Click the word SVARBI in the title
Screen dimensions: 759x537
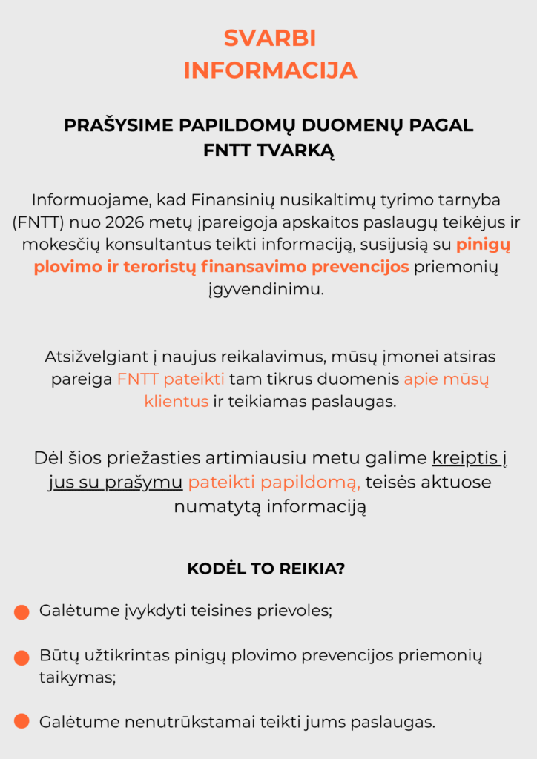269,38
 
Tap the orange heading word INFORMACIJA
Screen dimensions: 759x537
269,70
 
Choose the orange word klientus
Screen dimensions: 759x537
177,402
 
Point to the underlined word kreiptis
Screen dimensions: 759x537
464,457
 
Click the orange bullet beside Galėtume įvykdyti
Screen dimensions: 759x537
22,612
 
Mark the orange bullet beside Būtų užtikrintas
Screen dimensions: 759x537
22,657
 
